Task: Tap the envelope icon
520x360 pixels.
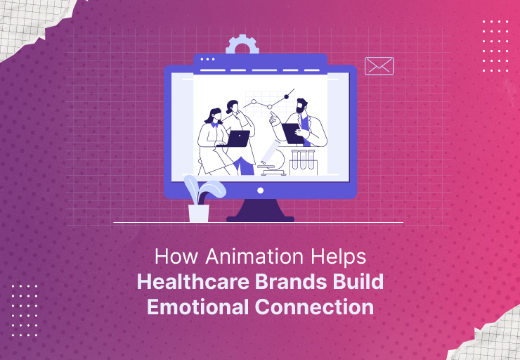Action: pyautogui.click(x=379, y=66)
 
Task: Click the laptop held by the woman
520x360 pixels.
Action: pyautogui.click(x=238, y=139)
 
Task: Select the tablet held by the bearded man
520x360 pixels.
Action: pyautogui.click(x=291, y=132)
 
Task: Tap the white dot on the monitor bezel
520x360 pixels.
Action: pyautogui.click(x=260, y=190)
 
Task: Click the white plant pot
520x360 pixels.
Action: pyautogui.click(x=199, y=213)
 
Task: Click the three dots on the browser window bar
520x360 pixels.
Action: pyautogui.click(x=207, y=59)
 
